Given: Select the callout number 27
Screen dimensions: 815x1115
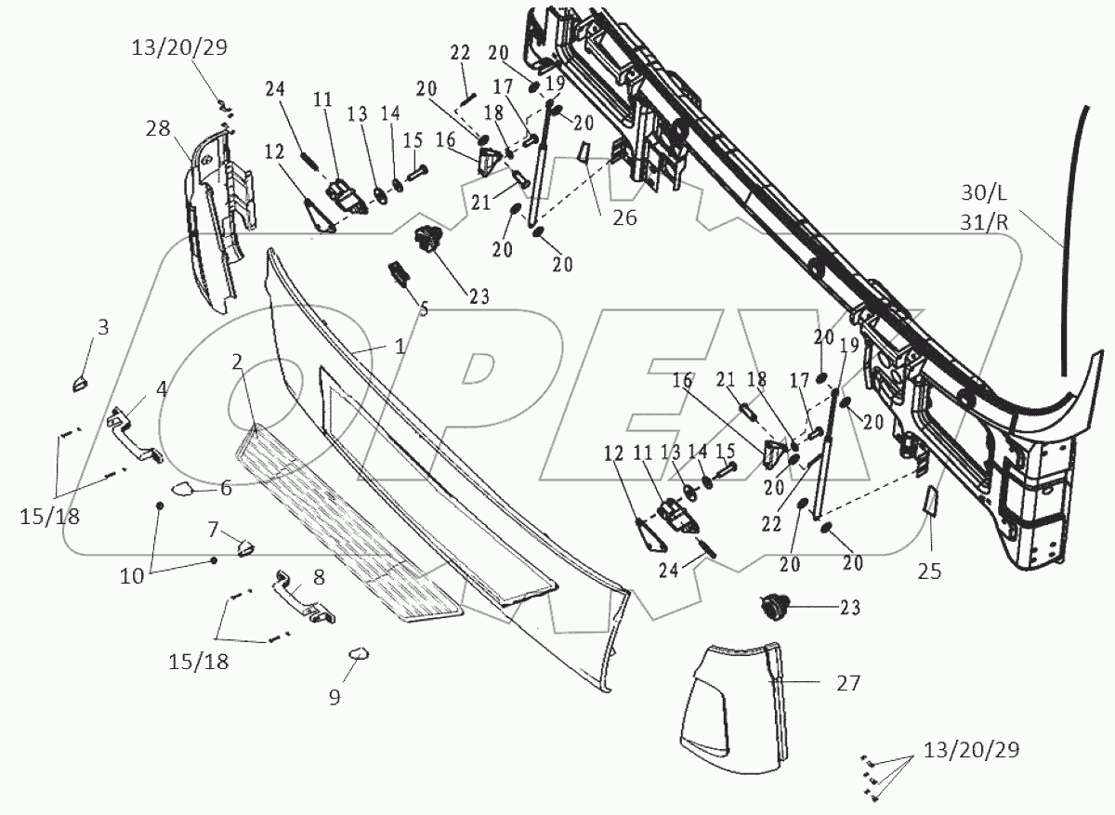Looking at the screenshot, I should (x=848, y=684).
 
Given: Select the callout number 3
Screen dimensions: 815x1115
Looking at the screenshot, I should (x=103, y=327).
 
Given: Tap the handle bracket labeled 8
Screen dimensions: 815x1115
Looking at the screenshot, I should (x=303, y=599).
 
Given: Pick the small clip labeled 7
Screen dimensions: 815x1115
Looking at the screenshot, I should (x=244, y=547).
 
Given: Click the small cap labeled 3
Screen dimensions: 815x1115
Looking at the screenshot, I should (x=79, y=382).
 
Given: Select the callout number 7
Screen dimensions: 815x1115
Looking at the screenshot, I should (x=213, y=530).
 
